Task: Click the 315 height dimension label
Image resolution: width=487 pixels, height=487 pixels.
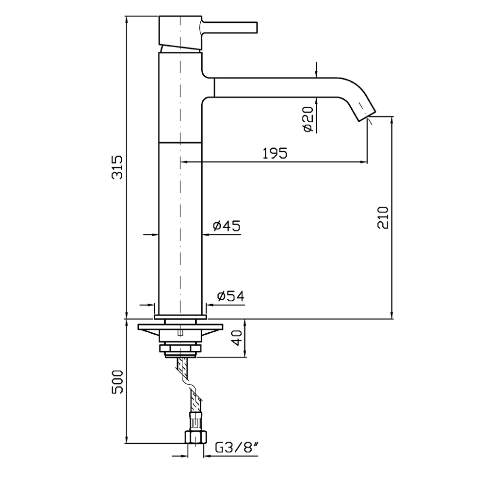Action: click(117, 167)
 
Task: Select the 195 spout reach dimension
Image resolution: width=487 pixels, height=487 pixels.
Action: click(275, 153)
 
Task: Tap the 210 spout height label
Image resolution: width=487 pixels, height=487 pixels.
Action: click(383, 217)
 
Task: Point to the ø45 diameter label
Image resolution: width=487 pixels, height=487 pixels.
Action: click(227, 226)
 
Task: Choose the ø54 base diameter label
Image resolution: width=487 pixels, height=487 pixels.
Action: click(231, 296)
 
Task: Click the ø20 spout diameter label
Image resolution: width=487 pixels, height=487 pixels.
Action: click(308, 119)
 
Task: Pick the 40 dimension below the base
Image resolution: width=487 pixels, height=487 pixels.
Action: click(237, 338)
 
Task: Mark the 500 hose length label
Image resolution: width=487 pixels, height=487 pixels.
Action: click(117, 382)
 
